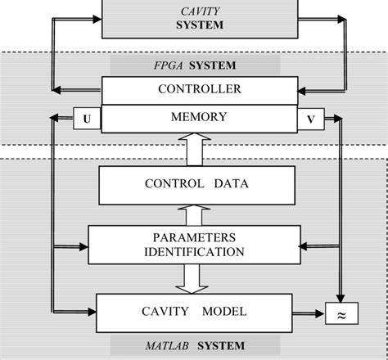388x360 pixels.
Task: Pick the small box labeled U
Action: point(86,119)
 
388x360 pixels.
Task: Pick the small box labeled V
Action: point(309,119)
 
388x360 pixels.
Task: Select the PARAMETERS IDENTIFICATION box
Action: point(194,244)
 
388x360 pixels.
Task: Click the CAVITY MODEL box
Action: point(194,311)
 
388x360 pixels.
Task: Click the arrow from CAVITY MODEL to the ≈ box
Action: point(308,313)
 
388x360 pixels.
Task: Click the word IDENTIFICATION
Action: point(194,251)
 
